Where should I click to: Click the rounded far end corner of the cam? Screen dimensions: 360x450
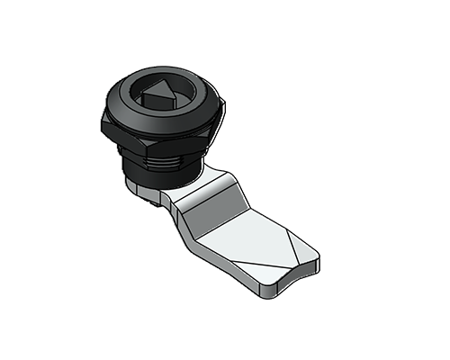tap(315, 262)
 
